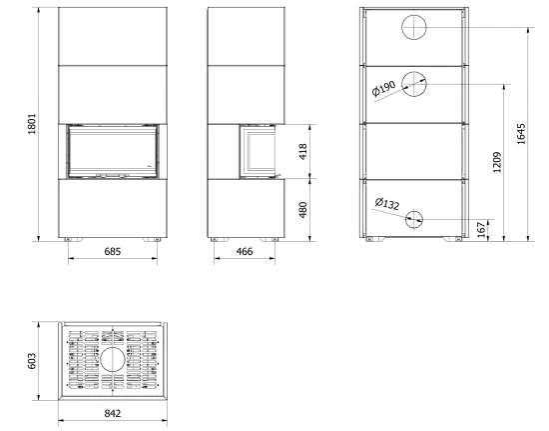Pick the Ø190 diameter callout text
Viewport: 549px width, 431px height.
pyautogui.click(x=384, y=91)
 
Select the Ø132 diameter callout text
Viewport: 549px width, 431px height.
pyautogui.click(x=386, y=205)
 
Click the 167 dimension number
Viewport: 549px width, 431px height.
pyautogui.click(x=483, y=229)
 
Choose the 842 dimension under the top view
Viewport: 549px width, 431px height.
pyautogui.click(x=113, y=413)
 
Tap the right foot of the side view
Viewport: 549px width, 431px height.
pyautogui.click(x=270, y=240)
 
